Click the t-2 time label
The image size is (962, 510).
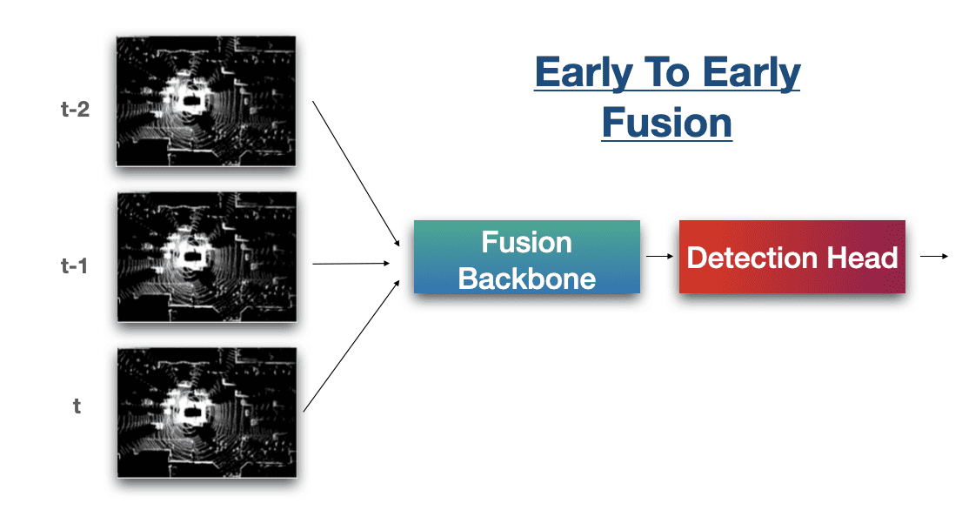tap(77, 111)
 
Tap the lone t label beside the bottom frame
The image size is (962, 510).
tap(77, 406)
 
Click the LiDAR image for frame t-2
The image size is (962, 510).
tap(206, 101)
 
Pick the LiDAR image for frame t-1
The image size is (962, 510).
tap(206, 257)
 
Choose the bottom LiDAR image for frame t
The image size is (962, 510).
tap(206, 413)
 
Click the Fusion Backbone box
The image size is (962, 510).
tap(526, 258)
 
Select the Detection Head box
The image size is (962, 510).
tap(792, 257)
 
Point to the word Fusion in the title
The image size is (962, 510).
tap(666, 123)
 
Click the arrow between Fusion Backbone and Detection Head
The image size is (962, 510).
tap(659, 257)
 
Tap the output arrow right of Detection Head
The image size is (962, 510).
tap(933, 256)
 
